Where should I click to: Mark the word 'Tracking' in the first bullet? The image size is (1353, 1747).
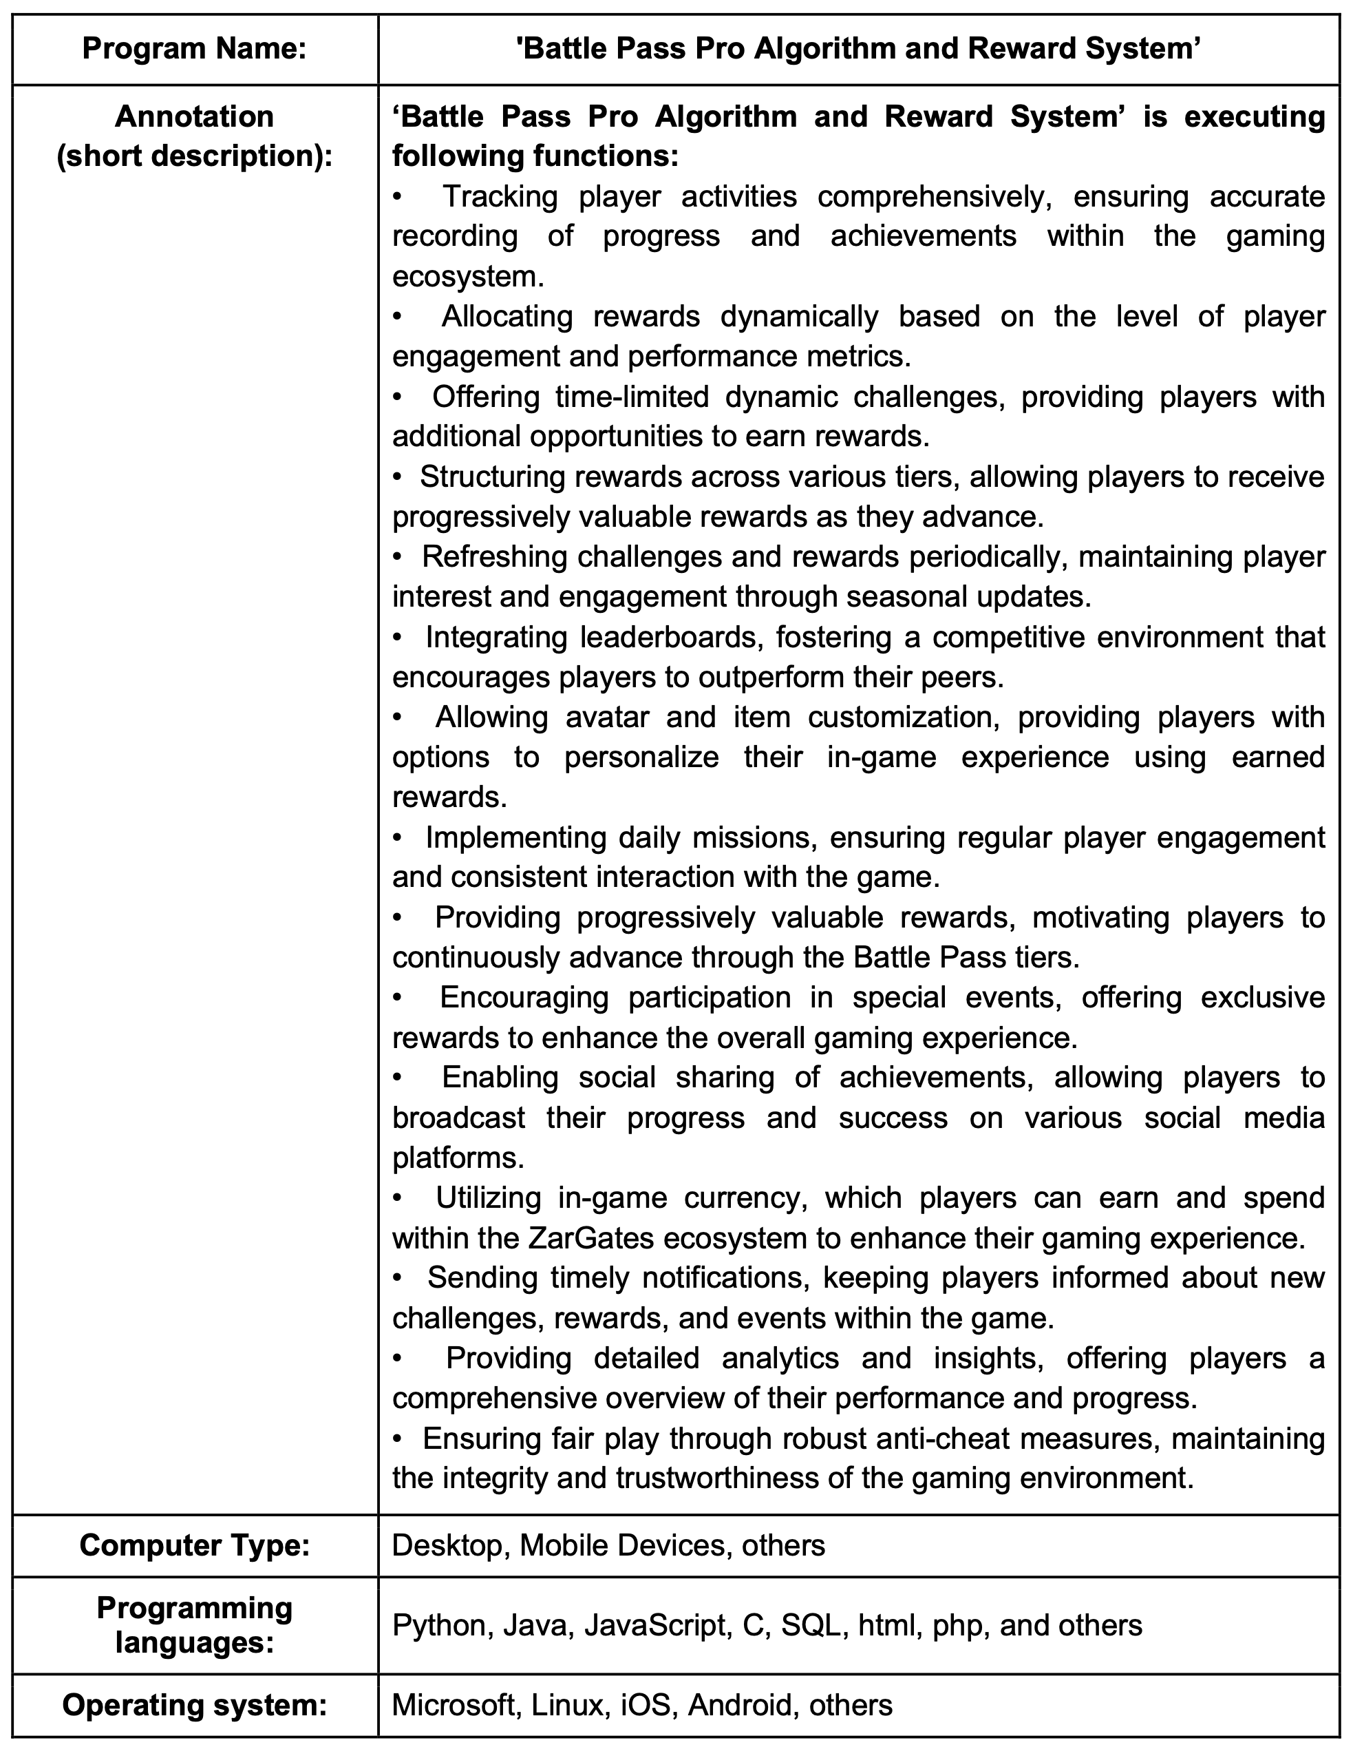tap(500, 197)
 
